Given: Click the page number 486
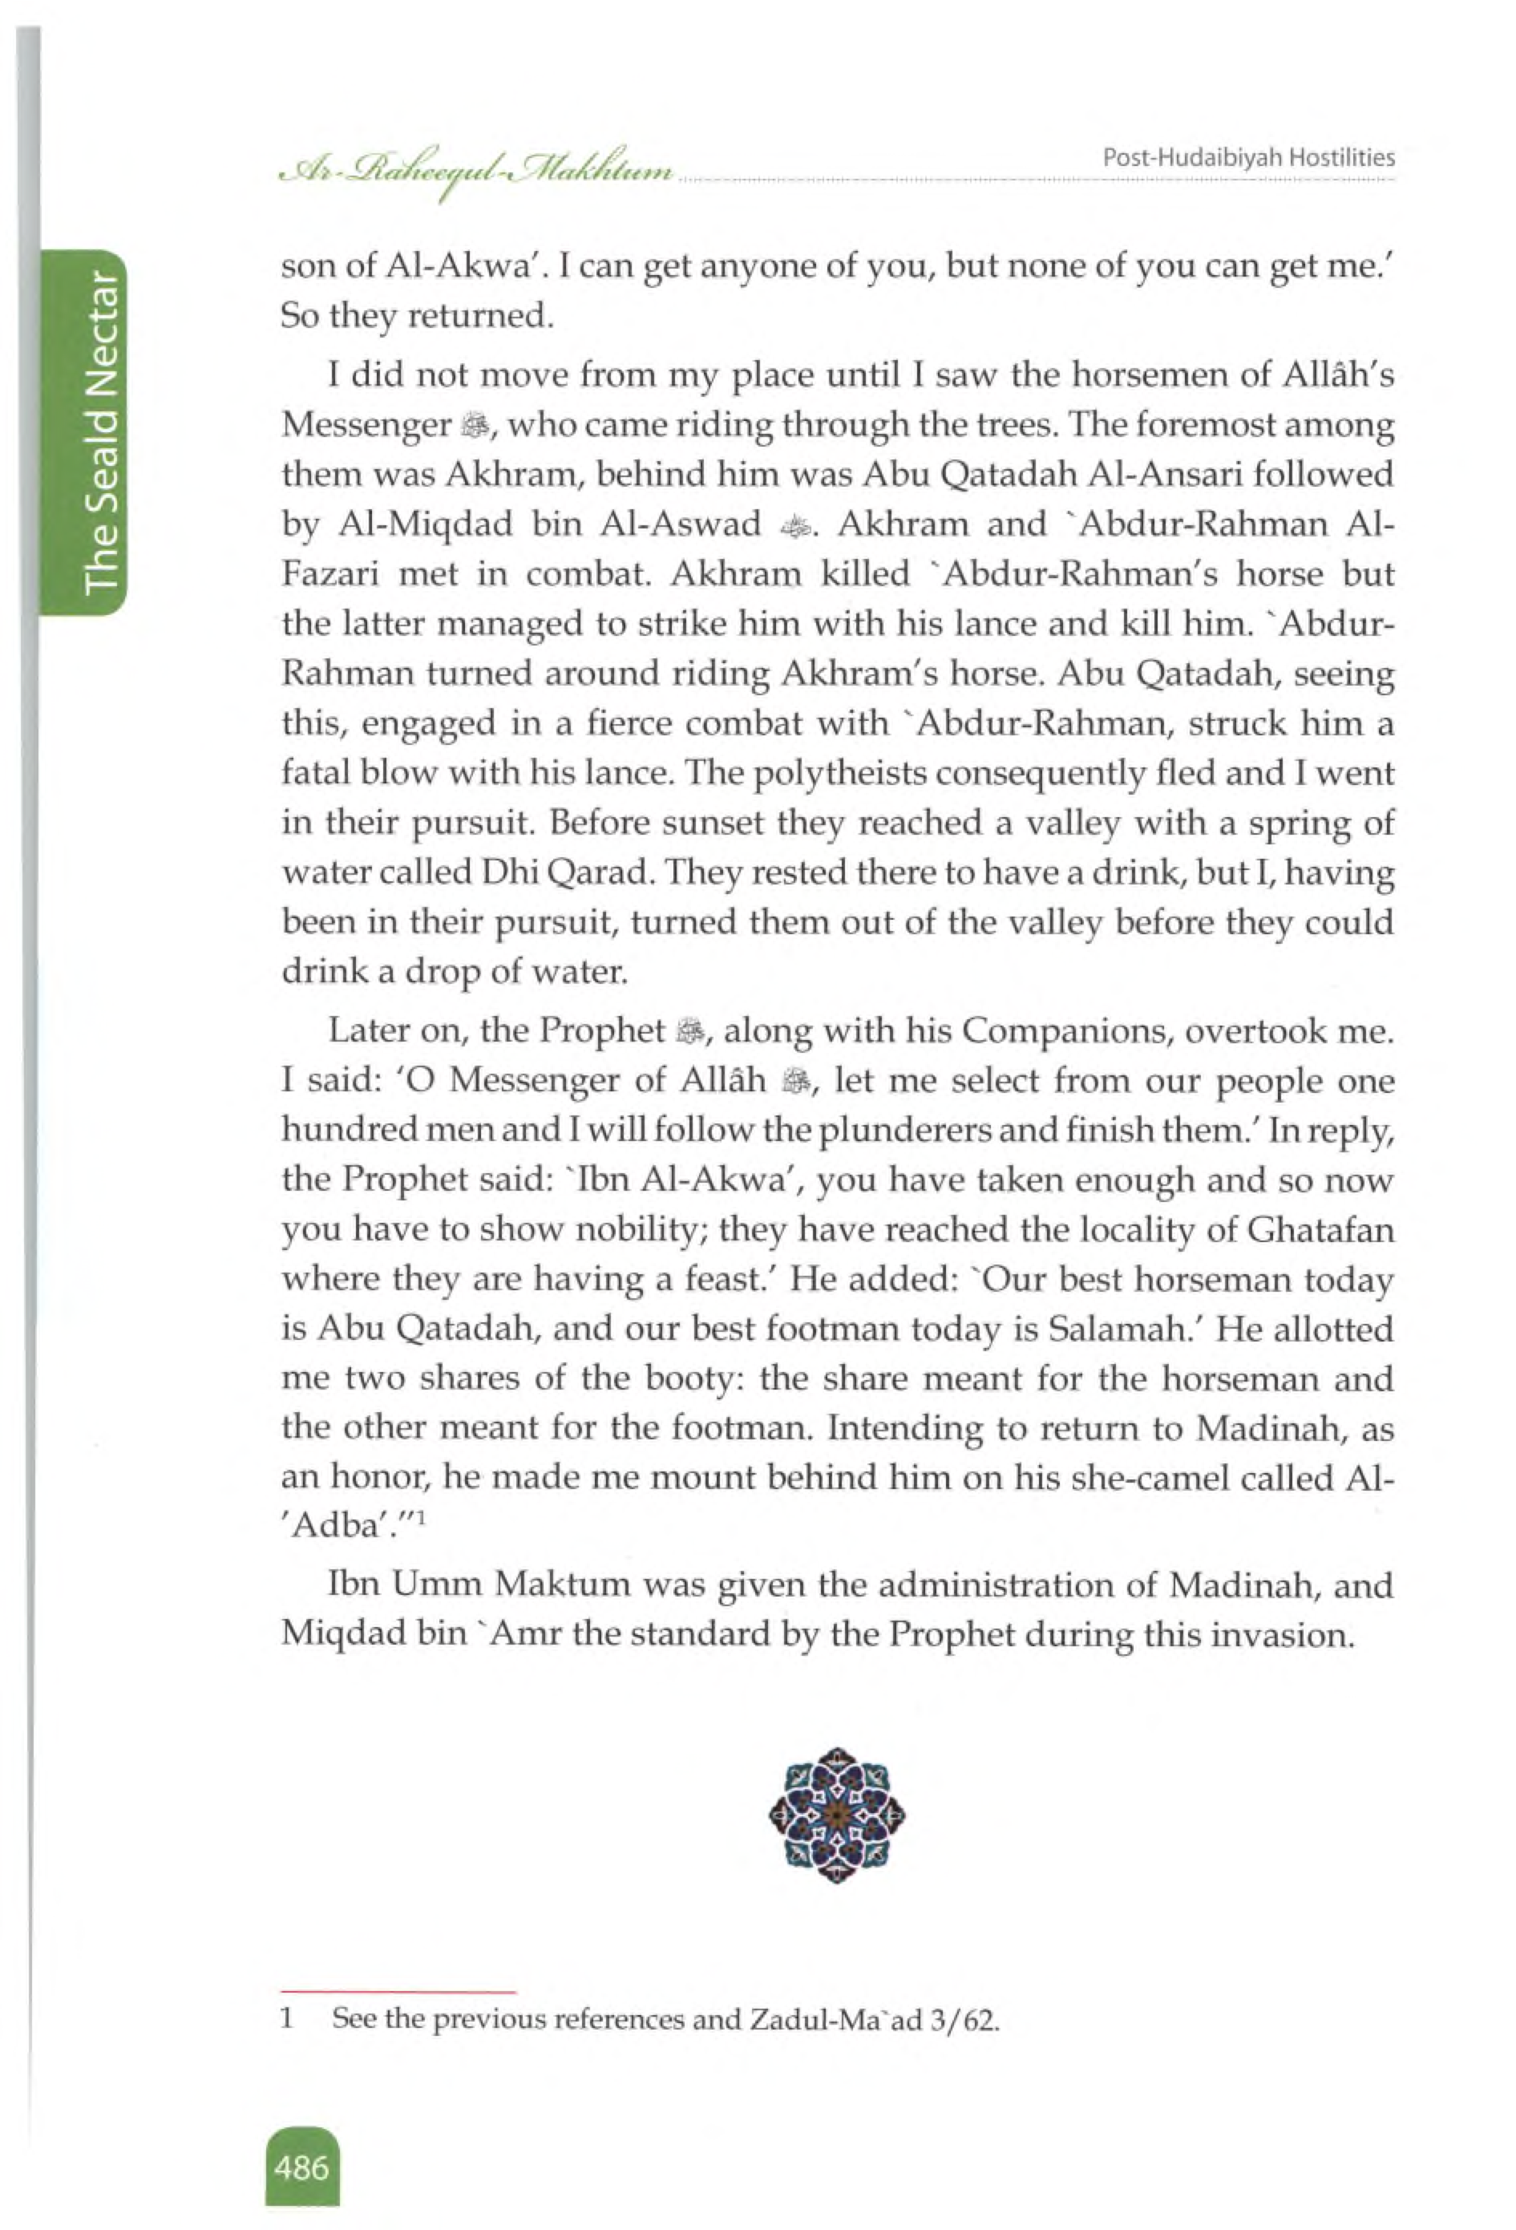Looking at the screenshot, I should [301, 2167].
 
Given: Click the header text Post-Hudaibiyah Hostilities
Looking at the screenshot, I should [1248, 158].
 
